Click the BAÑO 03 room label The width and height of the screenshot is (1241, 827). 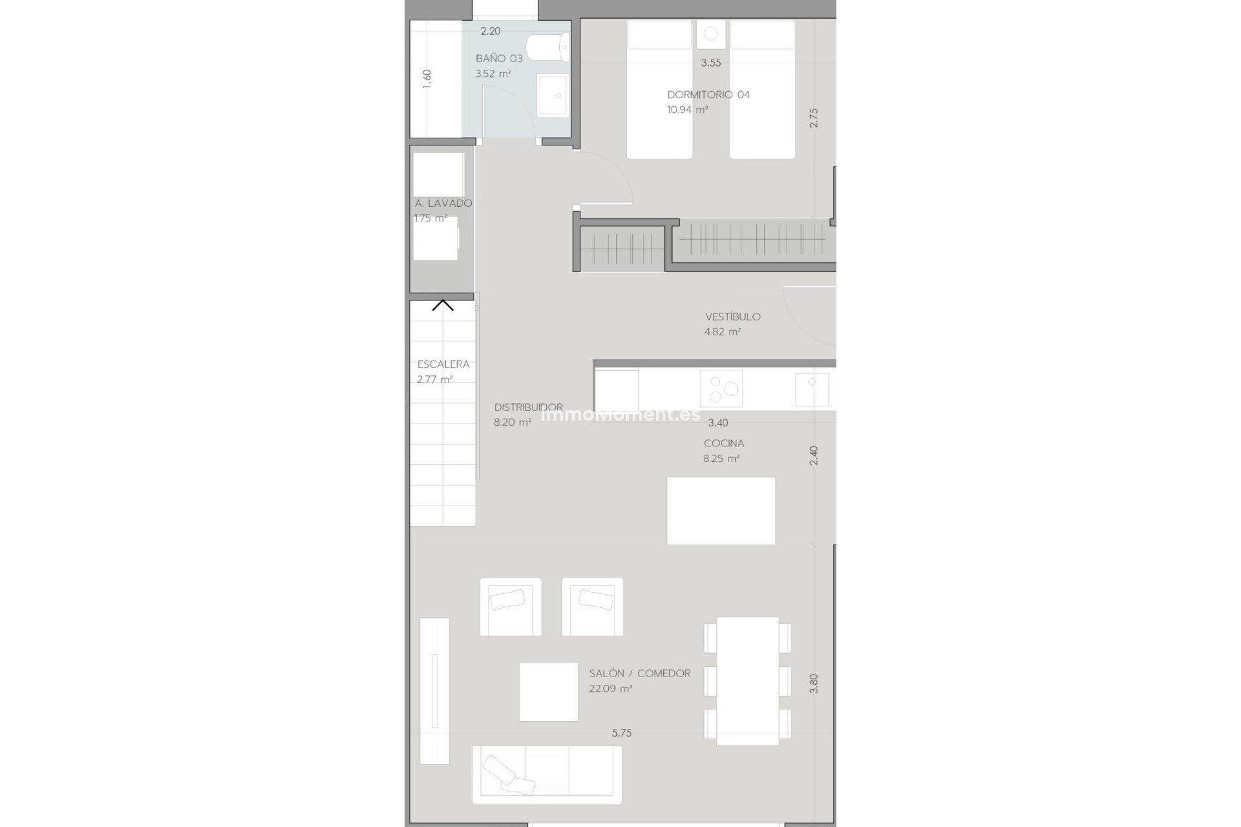point(499,58)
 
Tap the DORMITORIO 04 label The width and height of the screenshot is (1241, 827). point(708,94)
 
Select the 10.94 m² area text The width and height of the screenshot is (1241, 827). point(688,110)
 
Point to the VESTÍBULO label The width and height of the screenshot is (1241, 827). point(733,317)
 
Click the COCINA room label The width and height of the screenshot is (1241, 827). point(724,443)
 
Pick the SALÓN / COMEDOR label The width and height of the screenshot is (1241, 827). point(640,673)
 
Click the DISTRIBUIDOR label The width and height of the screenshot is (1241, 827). point(529,407)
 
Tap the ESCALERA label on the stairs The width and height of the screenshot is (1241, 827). point(443,364)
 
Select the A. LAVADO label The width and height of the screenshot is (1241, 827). point(443,203)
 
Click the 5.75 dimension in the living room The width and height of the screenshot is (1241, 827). point(622,733)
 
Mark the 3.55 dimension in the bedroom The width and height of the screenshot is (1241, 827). point(711,63)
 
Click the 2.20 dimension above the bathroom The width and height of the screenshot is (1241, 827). point(491,31)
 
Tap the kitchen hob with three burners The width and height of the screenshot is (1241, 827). point(721,389)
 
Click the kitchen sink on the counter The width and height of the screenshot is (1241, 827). point(812,388)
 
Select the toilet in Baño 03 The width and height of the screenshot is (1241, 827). point(547,48)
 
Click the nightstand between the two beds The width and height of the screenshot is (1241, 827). point(711,34)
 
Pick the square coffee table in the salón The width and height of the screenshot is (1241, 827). point(549,691)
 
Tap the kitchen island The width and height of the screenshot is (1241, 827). point(721,510)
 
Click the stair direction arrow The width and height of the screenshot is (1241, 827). point(443,304)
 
